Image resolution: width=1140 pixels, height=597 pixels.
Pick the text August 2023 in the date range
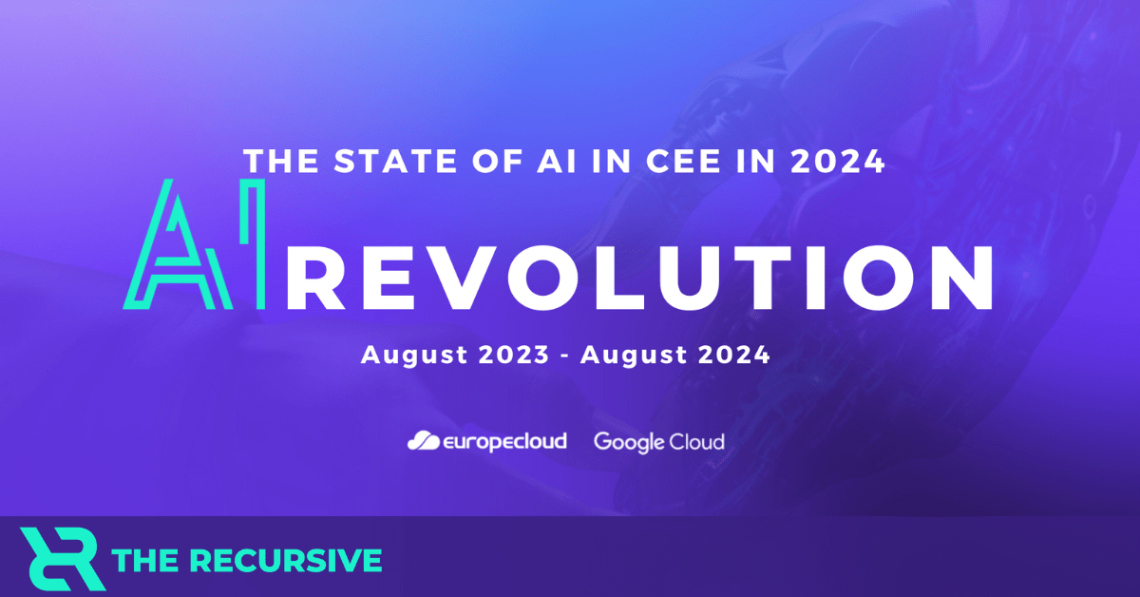[455, 356]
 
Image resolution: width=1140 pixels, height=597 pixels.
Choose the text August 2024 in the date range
[675, 356]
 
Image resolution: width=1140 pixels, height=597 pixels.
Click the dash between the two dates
[565, 356]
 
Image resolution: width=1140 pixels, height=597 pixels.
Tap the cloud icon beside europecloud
[424, 441]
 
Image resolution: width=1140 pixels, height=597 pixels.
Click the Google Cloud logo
[658, 442]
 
